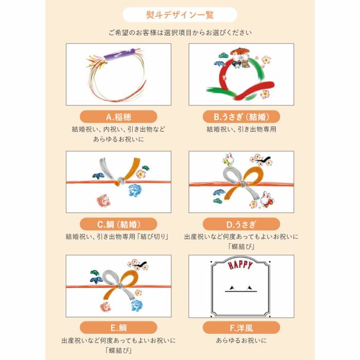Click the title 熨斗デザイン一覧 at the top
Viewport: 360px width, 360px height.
coord(180,14)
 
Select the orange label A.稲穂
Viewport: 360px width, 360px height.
coord(119,117)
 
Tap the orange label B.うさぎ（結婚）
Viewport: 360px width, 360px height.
coord(242,117)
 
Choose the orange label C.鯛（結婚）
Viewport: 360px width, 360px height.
coord(119,224)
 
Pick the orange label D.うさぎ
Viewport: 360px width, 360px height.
coord(242,224)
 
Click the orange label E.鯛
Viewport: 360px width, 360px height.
coord(119,327)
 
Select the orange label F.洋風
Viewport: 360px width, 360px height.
coord(242,327)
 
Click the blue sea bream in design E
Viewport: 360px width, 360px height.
coord(138,304)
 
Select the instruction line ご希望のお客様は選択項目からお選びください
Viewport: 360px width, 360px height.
coord(180,33)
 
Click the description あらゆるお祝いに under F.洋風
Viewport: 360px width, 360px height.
coord(242,341)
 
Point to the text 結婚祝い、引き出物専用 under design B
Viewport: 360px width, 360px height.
coord(242,130)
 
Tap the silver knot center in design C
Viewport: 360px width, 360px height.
coord(120,181)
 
